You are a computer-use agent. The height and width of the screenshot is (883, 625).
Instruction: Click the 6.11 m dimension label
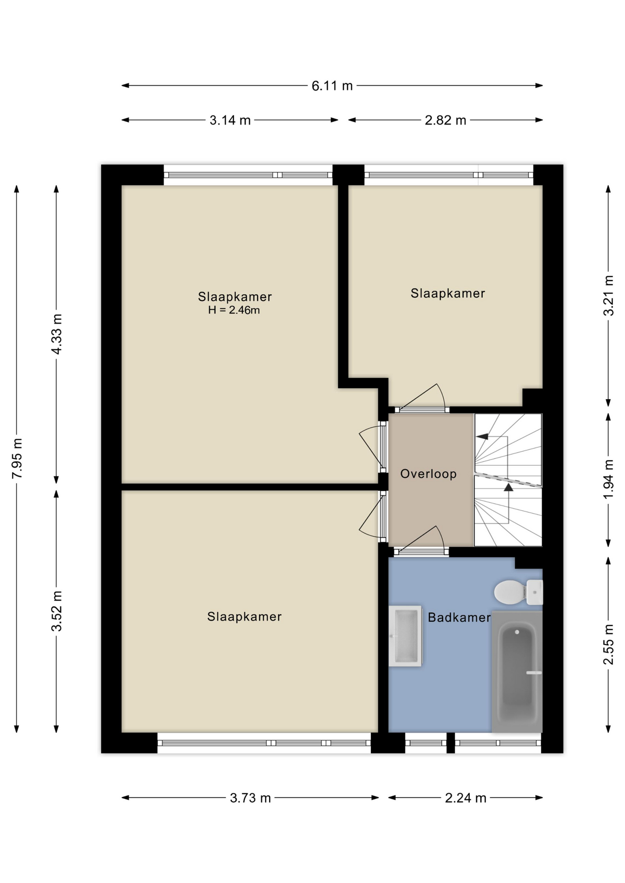coord(332,86)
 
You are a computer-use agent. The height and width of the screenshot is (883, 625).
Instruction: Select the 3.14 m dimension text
coord(230,120)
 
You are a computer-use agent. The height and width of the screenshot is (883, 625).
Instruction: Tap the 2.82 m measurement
coord(446,120)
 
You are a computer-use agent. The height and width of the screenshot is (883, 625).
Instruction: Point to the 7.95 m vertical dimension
coord(17,458)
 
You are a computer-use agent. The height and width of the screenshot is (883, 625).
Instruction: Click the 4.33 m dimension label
coord(57,334)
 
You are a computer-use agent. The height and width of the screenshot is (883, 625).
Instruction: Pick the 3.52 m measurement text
coord(57,611)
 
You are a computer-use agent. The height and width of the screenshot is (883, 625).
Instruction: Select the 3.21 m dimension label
coord(608,295)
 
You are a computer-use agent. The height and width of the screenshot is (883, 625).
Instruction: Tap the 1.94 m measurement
coord(608,479)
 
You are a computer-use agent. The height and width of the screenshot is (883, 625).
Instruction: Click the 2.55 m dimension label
coord(608,644)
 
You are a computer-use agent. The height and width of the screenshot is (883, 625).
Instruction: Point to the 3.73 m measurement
coord(250,798)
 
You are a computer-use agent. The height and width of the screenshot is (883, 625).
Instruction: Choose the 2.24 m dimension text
coord(465,798)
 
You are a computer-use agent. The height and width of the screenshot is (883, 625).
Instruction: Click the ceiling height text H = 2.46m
coord(234,310)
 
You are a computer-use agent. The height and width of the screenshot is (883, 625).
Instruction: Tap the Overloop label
coord(428,474)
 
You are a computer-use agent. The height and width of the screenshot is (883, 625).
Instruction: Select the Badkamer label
coord(459,617)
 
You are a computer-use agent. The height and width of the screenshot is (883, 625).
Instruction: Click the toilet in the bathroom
coord(519,592)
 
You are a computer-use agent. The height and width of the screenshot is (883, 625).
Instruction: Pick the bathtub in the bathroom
coord(517,671)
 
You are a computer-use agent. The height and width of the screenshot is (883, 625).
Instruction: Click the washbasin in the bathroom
coord(405,636)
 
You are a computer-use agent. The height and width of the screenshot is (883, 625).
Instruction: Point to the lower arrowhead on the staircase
coord(509,487)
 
